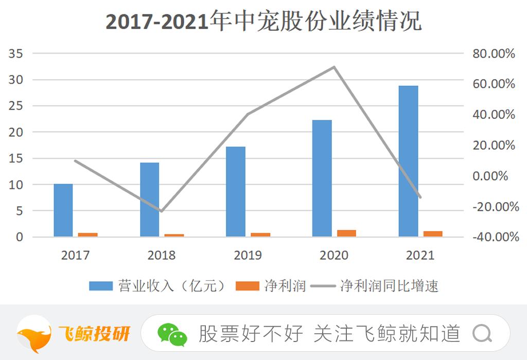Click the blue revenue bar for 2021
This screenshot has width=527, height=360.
(x=408, y=161)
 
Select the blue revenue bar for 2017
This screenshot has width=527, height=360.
(x=63, y=210)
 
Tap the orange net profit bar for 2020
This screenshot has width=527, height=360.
(x=346, y=233)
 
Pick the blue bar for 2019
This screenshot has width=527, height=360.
(x=236, y=191)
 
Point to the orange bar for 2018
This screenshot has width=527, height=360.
(x=174, y=235)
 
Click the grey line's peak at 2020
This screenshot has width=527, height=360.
(x=334, y=67)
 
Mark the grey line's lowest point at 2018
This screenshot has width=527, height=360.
(x=161, y=211)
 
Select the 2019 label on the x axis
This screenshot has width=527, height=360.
(x=248, y=255)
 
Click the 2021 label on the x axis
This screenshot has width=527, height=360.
(x=420, y=255)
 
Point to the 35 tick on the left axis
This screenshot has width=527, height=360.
(x=16, y=53)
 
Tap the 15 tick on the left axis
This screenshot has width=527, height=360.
(x=16, y=158)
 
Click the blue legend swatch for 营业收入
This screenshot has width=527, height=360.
(x=101, y=286)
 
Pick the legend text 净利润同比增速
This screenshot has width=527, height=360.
(x=389, y=286)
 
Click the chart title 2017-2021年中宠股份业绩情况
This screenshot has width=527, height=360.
(x=263, y=22)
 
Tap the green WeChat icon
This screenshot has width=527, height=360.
(x=172, y=334)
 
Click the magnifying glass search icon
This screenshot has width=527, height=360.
(x=482, y=334)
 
